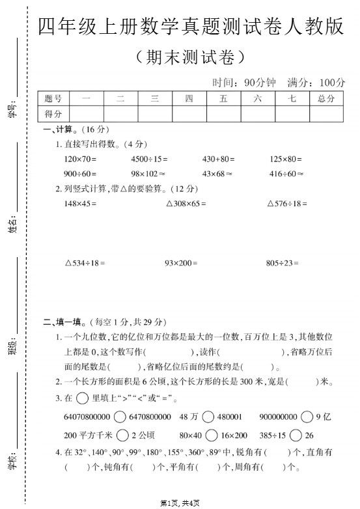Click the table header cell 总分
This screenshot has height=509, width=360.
[326, 99]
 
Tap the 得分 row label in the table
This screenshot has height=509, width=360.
[54, 114]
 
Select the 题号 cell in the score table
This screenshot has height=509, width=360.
[54, 99]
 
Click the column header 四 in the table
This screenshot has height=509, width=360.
[189, 99]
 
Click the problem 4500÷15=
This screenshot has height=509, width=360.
[149, 159]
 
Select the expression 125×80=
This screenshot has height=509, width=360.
[286, 159]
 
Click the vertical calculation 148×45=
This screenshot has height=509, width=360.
[80, 204]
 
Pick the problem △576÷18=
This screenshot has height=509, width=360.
[287, 204]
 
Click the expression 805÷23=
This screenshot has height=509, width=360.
[283, 263]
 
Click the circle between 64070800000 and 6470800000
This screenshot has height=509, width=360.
[120, 417]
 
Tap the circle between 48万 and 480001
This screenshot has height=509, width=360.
[208, 417]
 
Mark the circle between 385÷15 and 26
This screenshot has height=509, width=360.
[296, 435]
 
